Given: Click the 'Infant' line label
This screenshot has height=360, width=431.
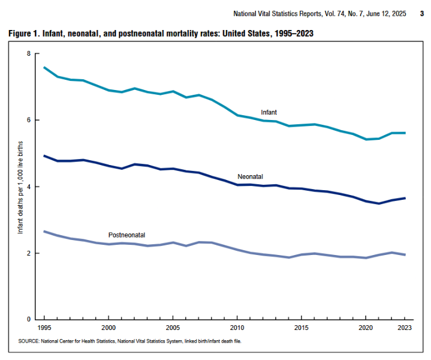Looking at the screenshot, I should [269, 112].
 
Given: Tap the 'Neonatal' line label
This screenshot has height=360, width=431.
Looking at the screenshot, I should [251, 176].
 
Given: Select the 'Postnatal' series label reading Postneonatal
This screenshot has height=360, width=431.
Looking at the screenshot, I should [126, 235].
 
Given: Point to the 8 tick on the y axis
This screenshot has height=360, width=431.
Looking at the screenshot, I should [28, 54].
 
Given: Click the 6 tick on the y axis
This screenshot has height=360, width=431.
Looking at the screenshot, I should [28, 121].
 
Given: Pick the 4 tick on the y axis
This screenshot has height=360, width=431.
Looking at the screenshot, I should [28, 187].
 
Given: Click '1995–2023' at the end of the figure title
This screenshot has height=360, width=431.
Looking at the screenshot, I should [291, 34].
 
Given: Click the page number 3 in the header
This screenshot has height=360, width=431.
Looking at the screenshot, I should [421, 13].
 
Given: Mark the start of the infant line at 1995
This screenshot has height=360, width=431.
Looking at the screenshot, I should [44, 67].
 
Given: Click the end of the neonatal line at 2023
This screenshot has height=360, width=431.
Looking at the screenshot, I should [405, 198].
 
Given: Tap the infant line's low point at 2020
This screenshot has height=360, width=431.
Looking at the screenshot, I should [366, 139].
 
